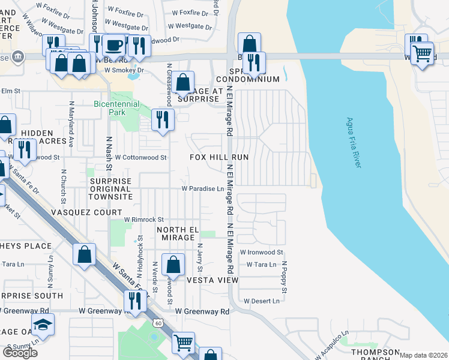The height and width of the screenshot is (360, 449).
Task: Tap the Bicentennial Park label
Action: pos(116,104)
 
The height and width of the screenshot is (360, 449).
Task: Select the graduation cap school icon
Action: pos(43,325)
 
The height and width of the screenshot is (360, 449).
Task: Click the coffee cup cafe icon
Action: pos(113,45)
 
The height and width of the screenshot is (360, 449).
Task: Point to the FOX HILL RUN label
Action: pos(219,157)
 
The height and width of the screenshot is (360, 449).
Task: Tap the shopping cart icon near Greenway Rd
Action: pos(183,343)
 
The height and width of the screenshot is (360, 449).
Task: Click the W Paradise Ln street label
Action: pos(203,188)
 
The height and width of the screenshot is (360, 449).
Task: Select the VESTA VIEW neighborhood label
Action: pos(212,280)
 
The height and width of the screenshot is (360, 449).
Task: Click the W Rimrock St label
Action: pos(144,220)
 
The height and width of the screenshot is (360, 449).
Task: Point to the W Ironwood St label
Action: pos(261,253)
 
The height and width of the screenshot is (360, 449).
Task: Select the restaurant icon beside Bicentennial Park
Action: pos(162,120)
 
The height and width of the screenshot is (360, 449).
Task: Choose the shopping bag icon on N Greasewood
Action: pos(185,82)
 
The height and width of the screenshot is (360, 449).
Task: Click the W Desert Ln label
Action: pos(261,301)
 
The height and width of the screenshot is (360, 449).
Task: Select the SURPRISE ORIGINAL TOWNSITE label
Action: pos(110,188)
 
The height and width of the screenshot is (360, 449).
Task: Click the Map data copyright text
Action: pos(423,355)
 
